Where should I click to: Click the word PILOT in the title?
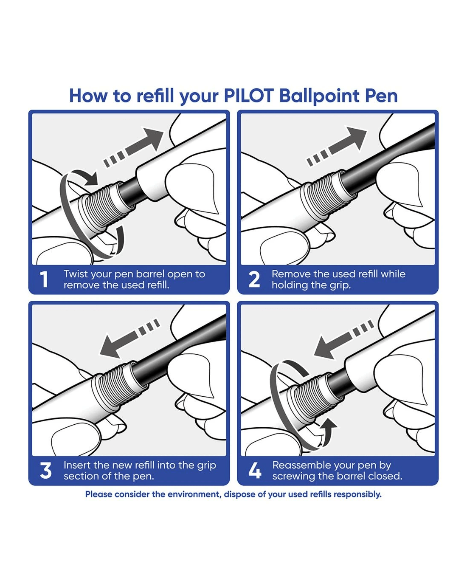point(249,96)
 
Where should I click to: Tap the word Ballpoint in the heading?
point(319,96)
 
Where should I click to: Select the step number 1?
point(44,279)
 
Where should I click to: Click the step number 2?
point(254,279)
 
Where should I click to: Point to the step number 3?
point(45,470)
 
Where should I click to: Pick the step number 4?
point(255,470)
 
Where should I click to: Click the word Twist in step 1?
point(76,274)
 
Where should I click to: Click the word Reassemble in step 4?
point(301,465)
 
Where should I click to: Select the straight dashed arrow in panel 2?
point(337,146)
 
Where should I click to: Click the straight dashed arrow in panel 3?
point(130,338)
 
